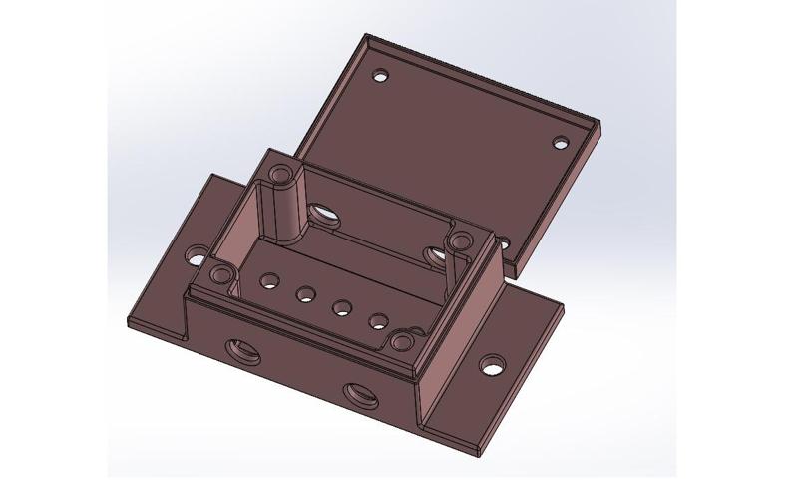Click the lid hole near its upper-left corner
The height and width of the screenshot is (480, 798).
(380, 75)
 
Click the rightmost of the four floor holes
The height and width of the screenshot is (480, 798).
(379, 322)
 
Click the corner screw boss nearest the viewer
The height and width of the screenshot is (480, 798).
(402, 345)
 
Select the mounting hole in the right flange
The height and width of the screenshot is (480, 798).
(492, 365)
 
